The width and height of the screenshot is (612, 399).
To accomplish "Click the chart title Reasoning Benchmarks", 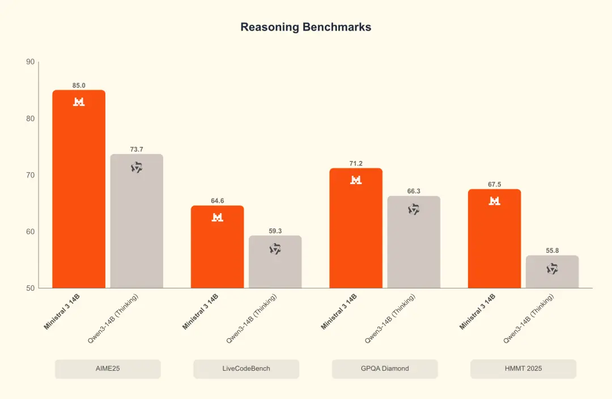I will tap(305, 27).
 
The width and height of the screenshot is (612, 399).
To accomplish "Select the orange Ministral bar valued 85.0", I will tap(79, 193).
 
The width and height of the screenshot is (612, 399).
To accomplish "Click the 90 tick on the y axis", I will tap(30, 62).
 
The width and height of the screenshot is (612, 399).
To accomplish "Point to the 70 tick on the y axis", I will tap(30, 175).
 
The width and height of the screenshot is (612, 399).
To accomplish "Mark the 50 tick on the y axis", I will tap(30, 288).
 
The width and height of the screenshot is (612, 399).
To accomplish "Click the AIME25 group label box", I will tap(108, 368).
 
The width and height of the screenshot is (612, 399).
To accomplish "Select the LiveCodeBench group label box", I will tap(246, 368).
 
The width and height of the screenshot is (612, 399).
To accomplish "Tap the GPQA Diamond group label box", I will tap(385, 368).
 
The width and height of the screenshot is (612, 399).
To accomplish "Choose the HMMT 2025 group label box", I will tap(523, 368).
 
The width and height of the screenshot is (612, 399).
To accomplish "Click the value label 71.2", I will tap(356, 163).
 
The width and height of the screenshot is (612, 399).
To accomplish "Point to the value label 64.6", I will tap(217, 201).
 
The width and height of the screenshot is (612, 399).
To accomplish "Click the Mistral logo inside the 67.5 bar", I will tap(494, 201).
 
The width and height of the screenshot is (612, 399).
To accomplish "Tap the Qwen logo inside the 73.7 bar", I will tap(137, 167).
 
